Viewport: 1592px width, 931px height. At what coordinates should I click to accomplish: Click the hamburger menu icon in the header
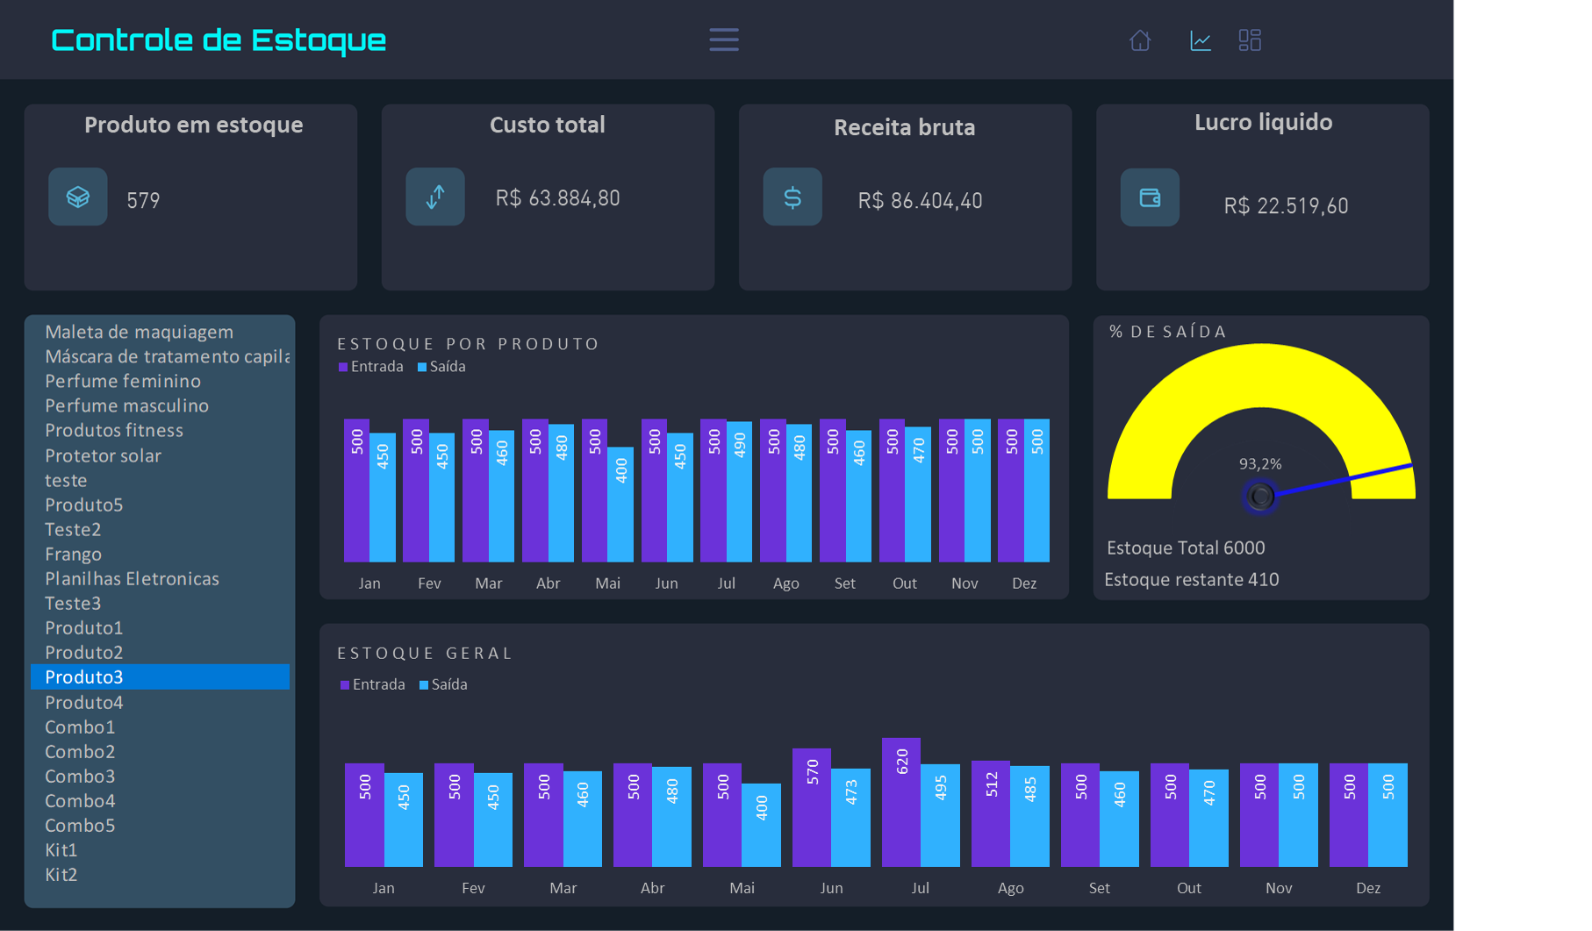point(723,39)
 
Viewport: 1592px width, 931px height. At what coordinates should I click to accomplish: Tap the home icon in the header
point(1139,40)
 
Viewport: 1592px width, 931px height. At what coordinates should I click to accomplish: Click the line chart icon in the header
point(1200,40)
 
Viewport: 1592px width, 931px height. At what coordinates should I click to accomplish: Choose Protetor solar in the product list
point(103,455)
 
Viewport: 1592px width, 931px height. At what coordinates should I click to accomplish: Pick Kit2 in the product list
point(61,874)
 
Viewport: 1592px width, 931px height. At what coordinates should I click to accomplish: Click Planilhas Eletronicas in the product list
point(132,578)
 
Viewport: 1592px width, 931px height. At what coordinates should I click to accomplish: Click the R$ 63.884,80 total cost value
point(557,198)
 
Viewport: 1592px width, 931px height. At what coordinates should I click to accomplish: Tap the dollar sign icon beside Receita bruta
point(792,197)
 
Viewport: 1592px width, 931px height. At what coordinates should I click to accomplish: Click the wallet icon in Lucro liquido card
point(1150,197)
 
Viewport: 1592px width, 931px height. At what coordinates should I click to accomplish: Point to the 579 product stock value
point(143,200)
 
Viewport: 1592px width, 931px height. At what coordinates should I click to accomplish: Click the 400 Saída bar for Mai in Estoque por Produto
point(620,505)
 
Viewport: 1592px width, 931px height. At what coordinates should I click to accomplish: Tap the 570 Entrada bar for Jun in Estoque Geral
point(812,807)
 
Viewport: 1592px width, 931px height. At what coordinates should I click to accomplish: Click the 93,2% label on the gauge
point(1259,463)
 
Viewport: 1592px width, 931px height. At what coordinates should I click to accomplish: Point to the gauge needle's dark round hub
point(1260,496)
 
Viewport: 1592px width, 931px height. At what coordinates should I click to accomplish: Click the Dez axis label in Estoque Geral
point(1367,888)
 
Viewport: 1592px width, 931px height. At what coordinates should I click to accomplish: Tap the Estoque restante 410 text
point(1191,579)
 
